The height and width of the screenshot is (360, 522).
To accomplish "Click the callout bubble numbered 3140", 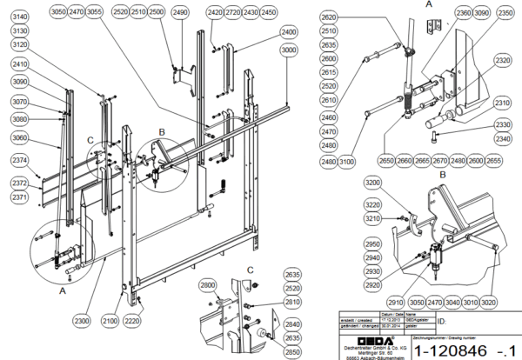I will click(x=20, y=17).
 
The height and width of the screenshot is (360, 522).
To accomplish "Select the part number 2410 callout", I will click(x=20, y=63).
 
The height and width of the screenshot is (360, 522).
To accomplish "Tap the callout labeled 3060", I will click(x=20, y=137).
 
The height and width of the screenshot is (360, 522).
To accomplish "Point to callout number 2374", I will click(x=20, y=160).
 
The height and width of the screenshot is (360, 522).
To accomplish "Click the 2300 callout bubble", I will click(x=81, y=322).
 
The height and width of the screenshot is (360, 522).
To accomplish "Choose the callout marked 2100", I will click(x=109, y=322).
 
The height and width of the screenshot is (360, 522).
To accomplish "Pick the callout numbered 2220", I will click(x=132, y=322).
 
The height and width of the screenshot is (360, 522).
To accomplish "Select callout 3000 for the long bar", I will click(x=287, y=50).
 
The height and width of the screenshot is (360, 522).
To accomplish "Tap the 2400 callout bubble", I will click(x=287, y=31).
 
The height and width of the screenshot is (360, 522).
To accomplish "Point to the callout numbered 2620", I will click(x=328, y=17).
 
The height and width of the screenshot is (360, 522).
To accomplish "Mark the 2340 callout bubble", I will click(x=502, y=138).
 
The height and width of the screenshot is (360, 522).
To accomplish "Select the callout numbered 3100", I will click(x=347, y=162).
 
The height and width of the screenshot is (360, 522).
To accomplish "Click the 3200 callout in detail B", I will click(x=373, y=184).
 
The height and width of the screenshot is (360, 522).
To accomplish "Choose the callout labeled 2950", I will click(x=373, y=244).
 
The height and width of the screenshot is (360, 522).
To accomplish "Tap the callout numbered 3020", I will click(x=490, y=302).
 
